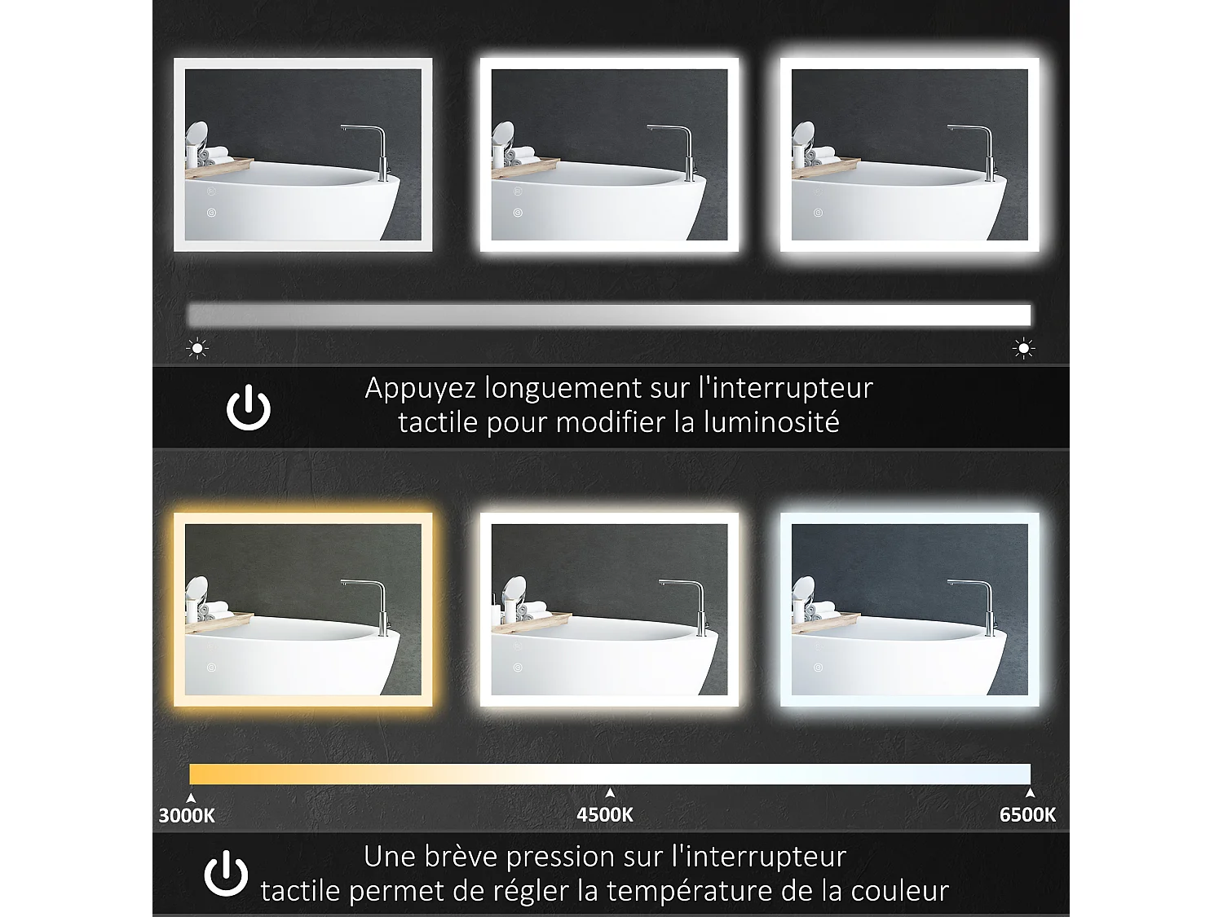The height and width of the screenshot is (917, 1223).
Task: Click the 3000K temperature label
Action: click(x=187, y=815)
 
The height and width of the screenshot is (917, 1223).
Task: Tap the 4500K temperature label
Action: click(x=605, y=814)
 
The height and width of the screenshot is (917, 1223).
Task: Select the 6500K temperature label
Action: click(x=1027, y=814)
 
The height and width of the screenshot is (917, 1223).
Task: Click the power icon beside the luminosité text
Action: click(x=249, y=408)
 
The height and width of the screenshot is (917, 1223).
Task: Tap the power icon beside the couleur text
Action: click(x=226, y=874)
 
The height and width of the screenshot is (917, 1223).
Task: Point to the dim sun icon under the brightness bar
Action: click(x=197, y=348)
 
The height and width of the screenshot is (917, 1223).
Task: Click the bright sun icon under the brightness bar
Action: click(x=1023, y=349)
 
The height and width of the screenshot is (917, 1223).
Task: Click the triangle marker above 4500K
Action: click(x=610, y=793)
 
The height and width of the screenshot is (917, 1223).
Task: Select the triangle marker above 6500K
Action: click(x=1030, y=793)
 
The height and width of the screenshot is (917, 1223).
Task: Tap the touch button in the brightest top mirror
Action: click(x=818, y=213)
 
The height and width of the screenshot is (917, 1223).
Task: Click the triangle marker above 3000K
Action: click(x=191, y=798)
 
